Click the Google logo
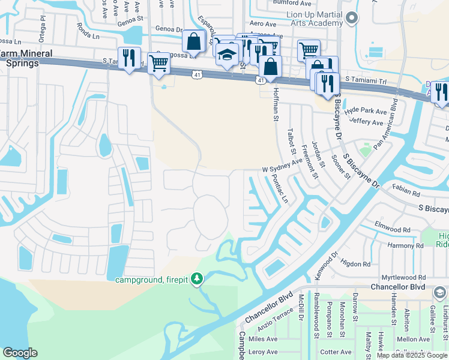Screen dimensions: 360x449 [x=20, y=352]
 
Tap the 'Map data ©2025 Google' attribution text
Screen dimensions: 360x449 [x=412, y=355]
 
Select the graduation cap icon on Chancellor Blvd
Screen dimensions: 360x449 [x=439, y=292]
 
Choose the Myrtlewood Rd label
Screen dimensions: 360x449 [x=405, y=278]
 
